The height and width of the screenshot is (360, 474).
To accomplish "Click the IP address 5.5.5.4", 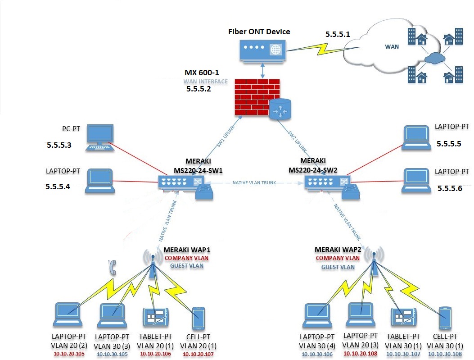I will [x=58, y=186].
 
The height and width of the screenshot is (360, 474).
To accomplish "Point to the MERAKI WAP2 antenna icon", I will [x=373, y=259].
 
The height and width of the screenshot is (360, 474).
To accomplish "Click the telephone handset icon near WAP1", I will [x=113, y=268].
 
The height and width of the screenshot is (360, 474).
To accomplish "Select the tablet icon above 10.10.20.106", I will [x=155, y=317].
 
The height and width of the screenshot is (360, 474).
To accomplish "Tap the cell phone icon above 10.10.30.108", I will [x=445, y=318].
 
